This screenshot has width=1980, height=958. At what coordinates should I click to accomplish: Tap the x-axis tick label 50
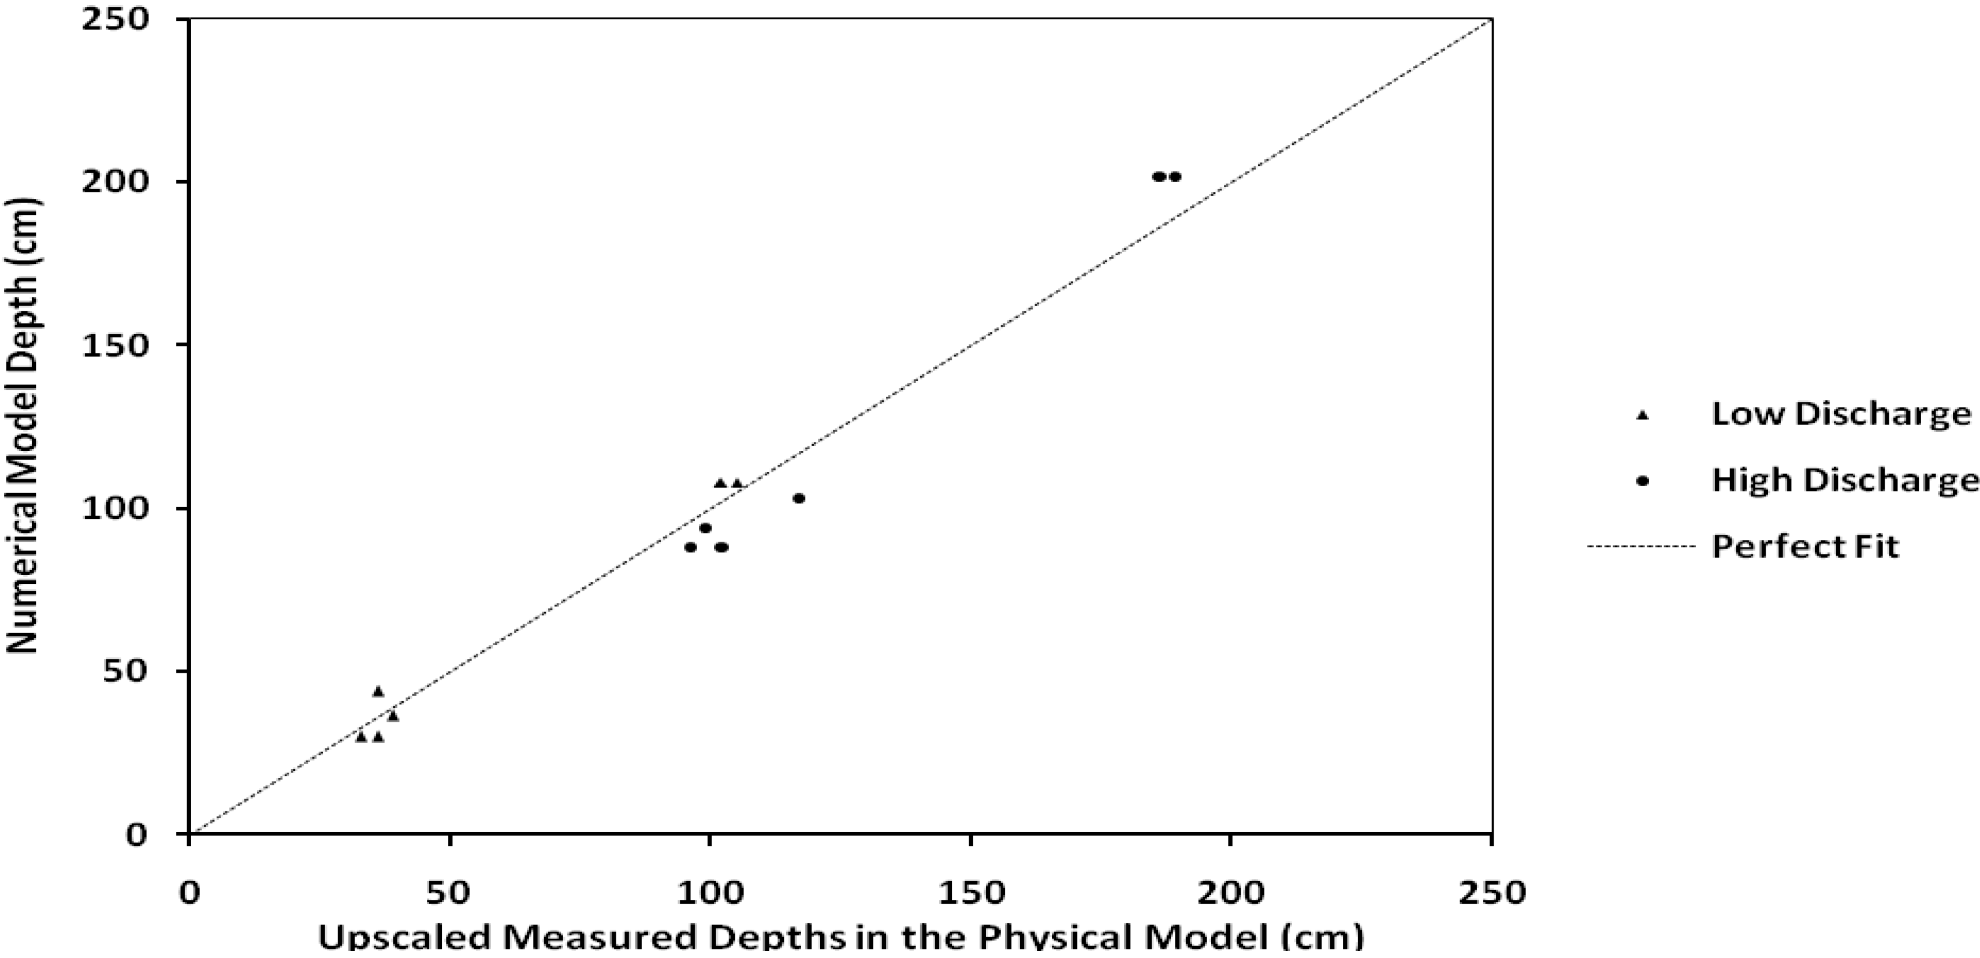pos(449,893)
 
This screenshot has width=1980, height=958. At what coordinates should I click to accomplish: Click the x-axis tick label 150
pos(970,893)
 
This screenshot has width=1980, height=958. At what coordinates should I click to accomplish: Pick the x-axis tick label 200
pos(1231,893)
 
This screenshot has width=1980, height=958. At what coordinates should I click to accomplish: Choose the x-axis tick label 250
pos(1491,893)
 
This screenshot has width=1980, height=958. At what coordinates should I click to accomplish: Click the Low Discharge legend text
pos(1841,415)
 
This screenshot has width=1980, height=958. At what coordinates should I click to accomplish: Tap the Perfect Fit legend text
pos(1805,547)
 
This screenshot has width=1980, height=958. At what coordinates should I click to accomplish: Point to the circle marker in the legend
pos(1643,482)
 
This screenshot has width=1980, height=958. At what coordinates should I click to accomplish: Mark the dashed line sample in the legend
pos(1641,547)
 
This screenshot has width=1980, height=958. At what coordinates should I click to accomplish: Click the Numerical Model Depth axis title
pos(23,426)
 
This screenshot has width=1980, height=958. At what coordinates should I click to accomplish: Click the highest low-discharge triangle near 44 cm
pos(377,691)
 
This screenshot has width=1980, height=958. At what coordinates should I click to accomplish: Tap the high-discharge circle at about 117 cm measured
pos(799,498)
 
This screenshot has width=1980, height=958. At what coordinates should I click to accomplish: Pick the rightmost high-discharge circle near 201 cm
pos(1174,177)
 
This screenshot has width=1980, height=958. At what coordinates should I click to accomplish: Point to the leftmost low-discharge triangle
pos(360,737)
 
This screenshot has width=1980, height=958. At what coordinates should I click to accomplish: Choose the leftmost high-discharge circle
pos(690,547)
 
